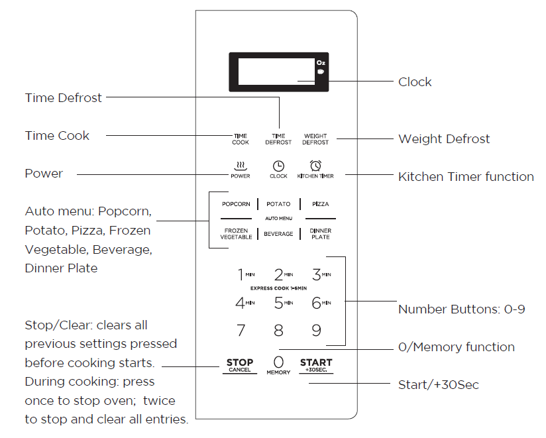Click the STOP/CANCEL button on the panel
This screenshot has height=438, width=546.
click(240, 365)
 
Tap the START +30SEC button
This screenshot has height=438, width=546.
click(316, 365)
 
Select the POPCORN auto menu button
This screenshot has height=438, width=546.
click(236, 204)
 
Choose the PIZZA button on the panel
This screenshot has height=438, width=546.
click(321, 204)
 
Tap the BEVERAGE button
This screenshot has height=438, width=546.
click(278, 234)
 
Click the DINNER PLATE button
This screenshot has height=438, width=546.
click(321, 234)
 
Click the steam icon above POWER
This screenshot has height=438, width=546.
click(241, 165)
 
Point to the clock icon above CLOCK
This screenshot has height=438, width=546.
click(279, 166)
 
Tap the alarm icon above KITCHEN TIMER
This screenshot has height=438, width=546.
click(315, 165)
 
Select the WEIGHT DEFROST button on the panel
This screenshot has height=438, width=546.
click(315, 139)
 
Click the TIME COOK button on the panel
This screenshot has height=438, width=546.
click(241, 139)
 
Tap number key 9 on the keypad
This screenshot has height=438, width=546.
click(317, 330)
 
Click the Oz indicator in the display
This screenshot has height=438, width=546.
click(321, 62)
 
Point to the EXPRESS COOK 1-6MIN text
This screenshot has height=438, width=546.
click(278, 288)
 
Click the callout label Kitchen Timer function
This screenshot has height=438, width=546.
click(466, 177)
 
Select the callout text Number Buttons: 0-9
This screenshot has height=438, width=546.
click(461, 309)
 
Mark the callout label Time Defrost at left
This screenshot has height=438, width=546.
click(64, 98)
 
